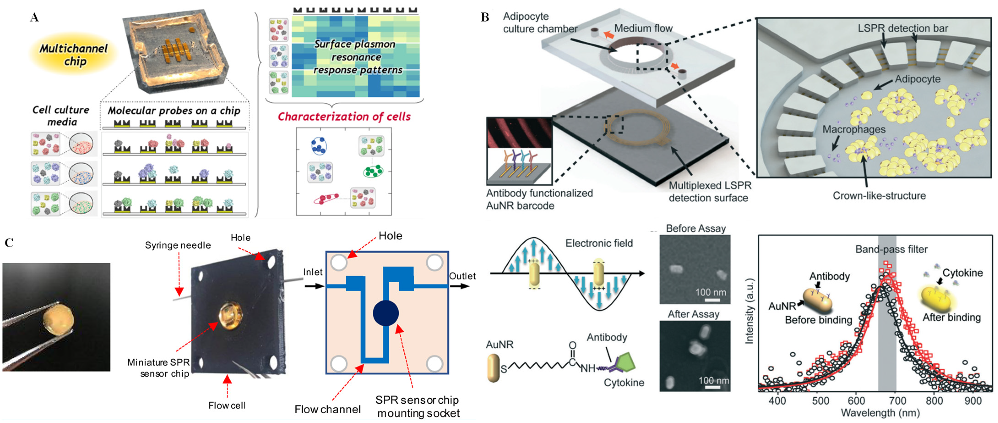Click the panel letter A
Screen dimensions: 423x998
pos(35,17)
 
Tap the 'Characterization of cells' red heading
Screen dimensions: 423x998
pos(344,117)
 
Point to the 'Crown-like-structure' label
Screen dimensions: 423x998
pos(879,196)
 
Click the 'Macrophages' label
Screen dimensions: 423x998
pos(854,129)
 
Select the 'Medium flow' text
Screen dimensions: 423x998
pos(643,28)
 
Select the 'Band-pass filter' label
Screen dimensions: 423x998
pos(891,249)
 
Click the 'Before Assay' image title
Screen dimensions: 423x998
pos(695,228)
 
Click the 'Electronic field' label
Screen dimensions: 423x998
pos(599,244)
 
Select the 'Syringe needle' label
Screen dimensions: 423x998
pos(178,245)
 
